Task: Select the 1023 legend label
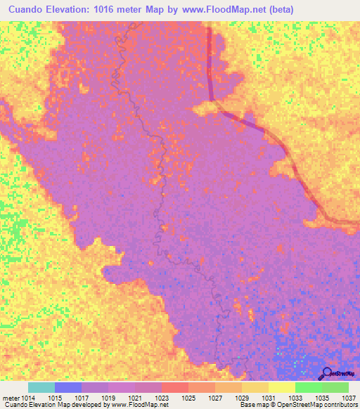tap(162, 398)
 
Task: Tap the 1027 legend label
tap(215, 398)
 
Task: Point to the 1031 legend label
tap(269, 398)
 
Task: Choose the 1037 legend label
tap(348, 398)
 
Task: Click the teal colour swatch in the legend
tap(41, 387)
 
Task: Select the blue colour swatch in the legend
tap(68, 387)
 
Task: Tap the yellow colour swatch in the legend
tap(282, 387)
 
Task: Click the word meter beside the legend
tap(10, 398)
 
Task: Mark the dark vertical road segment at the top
tap(210, 63)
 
